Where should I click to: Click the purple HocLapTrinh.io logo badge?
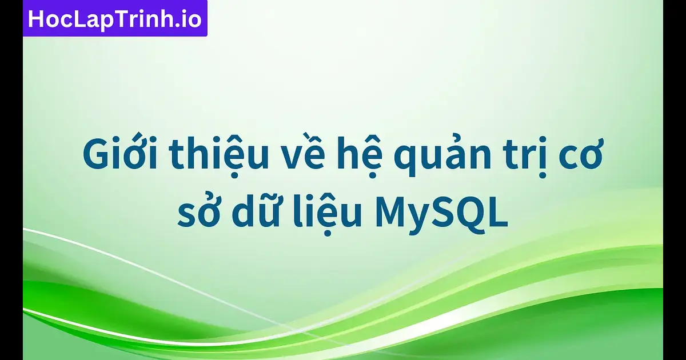[115, 19]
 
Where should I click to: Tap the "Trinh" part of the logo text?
[140, 19]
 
